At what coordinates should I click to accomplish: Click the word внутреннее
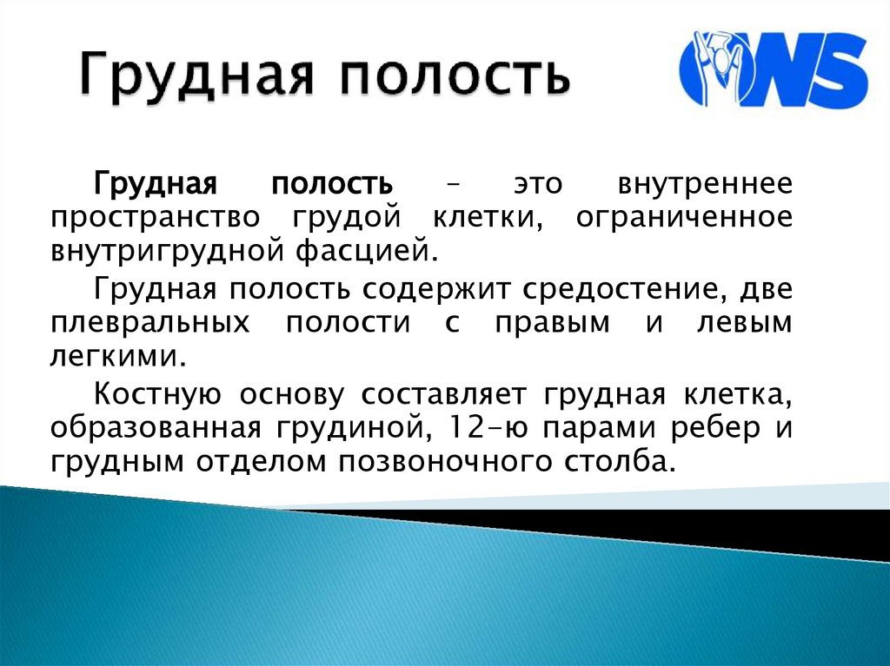pos(705,186)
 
